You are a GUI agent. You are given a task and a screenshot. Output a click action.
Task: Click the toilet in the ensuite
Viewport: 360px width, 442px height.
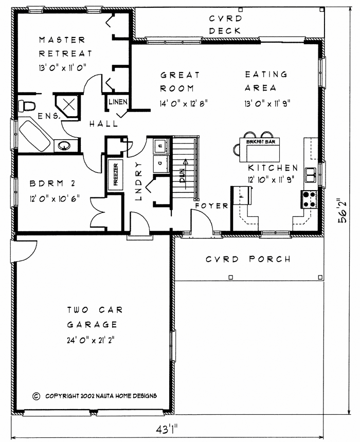coord(27,106)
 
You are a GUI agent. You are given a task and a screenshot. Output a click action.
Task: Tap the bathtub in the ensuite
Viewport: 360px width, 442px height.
coord(34,136)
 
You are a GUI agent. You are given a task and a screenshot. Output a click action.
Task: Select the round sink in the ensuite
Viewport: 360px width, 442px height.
coord(65,145)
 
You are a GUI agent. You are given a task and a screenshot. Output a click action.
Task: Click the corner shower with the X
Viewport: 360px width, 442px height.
coord(67,105)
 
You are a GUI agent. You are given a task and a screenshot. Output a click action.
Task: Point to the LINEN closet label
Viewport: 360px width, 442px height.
coord(118,102)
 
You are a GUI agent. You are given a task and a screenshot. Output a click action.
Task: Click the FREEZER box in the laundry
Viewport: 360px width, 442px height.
coord(115,175)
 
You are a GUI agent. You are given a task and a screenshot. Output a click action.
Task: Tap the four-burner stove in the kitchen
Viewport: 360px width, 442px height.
coord(309,199)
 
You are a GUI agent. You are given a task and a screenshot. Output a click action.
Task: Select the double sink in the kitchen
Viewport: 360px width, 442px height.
coord(310,175)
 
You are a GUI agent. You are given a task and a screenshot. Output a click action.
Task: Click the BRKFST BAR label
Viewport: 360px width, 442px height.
coord(261,142)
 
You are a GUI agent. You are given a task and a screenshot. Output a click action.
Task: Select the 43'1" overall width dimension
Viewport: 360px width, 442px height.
coord(167,430)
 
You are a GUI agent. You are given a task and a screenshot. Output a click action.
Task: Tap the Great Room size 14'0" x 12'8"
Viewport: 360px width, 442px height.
coord(184,104)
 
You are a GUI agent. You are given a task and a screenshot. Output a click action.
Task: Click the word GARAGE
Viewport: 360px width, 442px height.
coord(92,325)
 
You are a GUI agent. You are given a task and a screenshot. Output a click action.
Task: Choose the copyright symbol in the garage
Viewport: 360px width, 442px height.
coord(37,396)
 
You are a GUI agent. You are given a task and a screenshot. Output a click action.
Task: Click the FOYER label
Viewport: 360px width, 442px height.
coord(211,206)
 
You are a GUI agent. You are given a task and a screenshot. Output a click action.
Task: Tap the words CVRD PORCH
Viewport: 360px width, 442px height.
coord(248,259)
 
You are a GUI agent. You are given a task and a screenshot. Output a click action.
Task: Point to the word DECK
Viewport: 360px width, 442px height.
coord(225,31)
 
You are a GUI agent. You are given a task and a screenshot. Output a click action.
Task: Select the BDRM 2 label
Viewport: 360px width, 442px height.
coord(52,183)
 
